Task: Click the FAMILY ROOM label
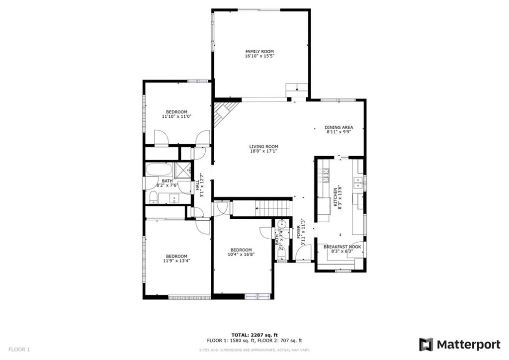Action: [259, 51]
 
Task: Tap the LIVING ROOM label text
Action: [263, 147]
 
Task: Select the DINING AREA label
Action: [339, 127]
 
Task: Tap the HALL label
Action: [197, 185]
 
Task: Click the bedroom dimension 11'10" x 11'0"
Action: [176, 116]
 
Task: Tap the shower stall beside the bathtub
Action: [184, 169]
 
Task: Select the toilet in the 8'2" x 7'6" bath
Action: [154, 199]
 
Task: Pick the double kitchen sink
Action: [357, 186]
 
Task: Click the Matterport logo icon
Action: [425, 345]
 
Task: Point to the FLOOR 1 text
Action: [19, 350]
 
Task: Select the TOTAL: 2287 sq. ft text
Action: [254, 335]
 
